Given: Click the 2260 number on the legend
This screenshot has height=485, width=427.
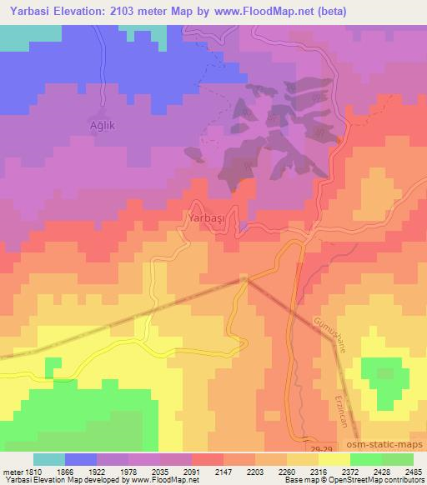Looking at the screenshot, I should [x=287, y=471].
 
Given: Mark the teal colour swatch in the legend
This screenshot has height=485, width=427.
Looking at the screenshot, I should [x=49, y=459].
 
